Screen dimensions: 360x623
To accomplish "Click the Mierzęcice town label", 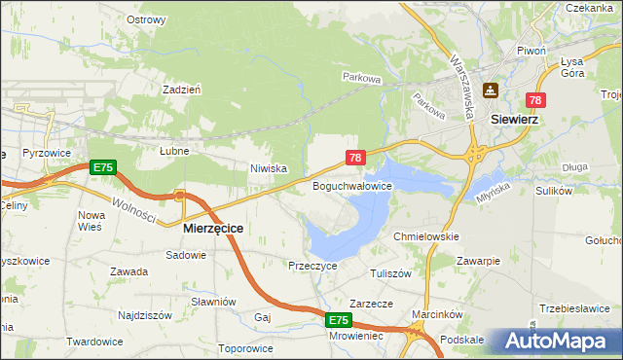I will coord(213,228).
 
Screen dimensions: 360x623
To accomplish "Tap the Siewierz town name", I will coord(516,119).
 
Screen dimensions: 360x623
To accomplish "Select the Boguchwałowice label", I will coord(351,185).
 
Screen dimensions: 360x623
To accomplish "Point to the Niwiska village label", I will coord(268,168).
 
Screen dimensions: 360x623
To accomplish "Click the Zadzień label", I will coord(182,89).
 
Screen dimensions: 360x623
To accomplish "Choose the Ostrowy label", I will coord(146,18).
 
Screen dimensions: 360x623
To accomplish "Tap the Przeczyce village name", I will coord(312,265).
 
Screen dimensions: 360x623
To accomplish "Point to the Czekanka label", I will coord(589,7).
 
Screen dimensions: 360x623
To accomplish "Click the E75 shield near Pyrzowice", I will coord(102,168).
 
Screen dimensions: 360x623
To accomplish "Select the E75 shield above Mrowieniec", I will coord(337,320).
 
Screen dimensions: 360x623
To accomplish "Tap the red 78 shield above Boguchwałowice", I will coord(355,157).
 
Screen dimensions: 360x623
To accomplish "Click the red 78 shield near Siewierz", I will coord(535,100).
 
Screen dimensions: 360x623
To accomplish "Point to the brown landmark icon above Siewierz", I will coord(492,90).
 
